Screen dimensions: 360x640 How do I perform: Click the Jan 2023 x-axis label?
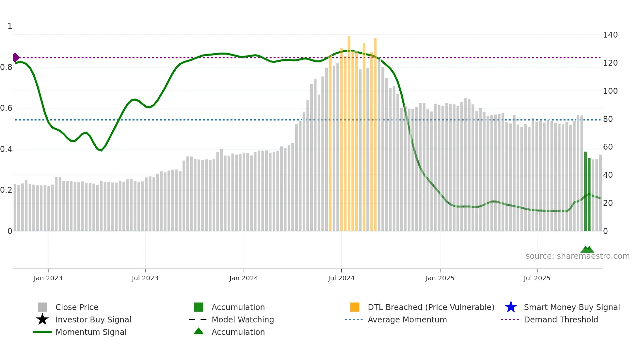[48, 278]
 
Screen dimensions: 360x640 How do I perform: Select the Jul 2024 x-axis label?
[341, 278]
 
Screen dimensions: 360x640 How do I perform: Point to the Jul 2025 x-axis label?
[537, 278]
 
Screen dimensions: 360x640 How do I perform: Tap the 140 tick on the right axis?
[610, 35]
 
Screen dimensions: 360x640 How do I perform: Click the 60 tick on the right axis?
[608, 147]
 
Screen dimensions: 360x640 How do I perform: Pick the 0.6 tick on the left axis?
[6, 108]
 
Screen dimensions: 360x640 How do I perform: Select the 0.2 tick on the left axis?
[6, 190]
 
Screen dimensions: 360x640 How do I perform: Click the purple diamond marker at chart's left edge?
[16, 57]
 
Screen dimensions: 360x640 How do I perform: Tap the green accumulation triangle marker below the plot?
[587, 250]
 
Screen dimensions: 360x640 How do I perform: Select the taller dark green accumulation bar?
[585, 191]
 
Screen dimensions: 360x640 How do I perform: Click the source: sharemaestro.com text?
[577, 256]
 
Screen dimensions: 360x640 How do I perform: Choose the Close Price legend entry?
[77, 307]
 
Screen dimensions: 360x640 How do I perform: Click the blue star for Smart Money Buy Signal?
[511, 307]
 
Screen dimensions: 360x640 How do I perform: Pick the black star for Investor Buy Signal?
[42, 320]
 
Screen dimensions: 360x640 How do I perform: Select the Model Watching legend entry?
[243, 320]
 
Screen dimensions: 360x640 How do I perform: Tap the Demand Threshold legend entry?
[561, 320]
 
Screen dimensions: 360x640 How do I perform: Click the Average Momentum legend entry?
[407, 320]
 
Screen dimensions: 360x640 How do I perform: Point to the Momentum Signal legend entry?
[91, 332]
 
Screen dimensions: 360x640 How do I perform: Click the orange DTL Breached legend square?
[355, 307]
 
